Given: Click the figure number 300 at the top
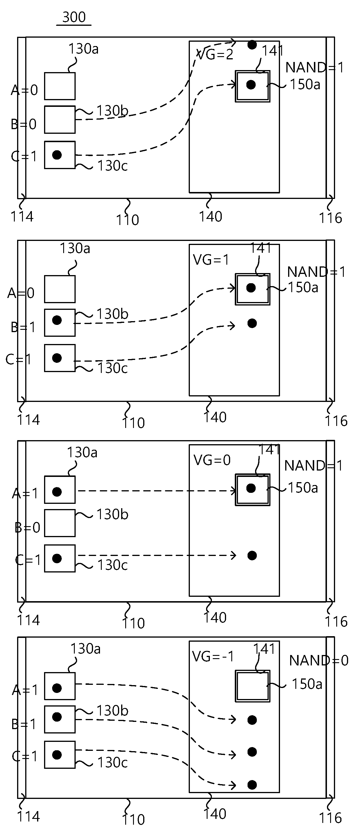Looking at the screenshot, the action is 74,17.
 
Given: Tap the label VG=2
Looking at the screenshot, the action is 215,54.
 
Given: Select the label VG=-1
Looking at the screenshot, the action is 213,656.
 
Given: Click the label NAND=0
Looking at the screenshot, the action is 319,660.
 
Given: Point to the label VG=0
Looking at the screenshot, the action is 212,460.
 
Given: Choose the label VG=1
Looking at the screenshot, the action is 211,259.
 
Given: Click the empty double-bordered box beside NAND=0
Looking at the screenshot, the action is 252,686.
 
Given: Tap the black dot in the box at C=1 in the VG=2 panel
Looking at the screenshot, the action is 57,155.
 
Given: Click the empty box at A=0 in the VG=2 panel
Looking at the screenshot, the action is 60,86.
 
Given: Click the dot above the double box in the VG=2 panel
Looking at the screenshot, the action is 252,45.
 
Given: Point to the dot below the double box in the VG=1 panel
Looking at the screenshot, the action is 252,323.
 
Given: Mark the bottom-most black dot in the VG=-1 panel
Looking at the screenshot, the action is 252,785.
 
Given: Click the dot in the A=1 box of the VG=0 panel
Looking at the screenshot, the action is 57,492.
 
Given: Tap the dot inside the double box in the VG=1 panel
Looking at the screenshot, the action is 251,288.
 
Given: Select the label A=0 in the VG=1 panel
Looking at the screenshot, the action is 21,293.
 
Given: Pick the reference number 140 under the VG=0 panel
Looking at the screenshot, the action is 215,617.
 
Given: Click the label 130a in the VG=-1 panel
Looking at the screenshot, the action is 85,649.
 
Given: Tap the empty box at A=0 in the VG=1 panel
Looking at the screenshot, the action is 60,289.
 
